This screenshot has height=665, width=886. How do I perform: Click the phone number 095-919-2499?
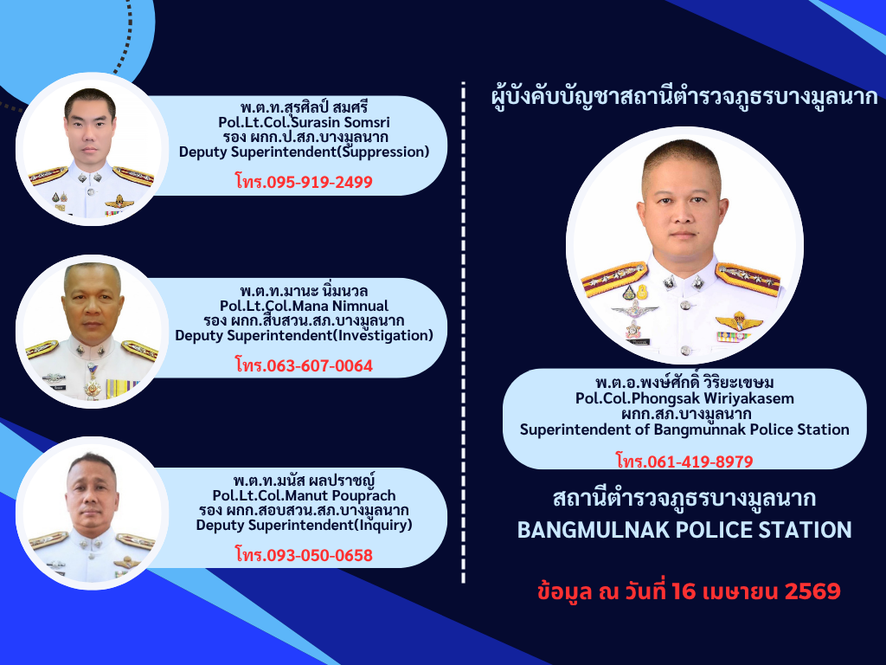(x=319, y=182)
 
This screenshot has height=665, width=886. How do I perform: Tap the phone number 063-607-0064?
(x=319, y=366)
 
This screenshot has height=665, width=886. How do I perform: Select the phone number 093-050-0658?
(x=319, y=555)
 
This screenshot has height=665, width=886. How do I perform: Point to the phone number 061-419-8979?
(x=700, y=462)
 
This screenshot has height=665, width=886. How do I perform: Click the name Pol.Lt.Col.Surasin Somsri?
(x=304, y=122)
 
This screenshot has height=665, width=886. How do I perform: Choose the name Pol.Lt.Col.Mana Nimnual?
(x=304, y=306)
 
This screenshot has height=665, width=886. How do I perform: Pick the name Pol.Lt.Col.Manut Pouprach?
(x=304, y=495)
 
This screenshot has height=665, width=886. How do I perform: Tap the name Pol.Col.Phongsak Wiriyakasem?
(x=685, y=398)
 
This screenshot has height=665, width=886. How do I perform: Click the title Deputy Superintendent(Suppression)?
(x=304, y=152)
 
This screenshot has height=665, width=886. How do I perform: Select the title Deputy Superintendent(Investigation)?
(x=304, y=336)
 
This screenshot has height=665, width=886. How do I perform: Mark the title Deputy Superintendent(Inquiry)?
(x=304, y=526)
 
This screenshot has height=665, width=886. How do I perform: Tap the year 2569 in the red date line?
(x=812, y=591)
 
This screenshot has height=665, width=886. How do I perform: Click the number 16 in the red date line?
(x=684, y=591)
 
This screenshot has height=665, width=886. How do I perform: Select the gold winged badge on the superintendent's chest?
(x=739, y=322)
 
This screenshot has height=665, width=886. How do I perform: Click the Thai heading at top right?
(x=685, y=97)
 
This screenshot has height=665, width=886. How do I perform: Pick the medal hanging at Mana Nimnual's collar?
(x=92, y=385)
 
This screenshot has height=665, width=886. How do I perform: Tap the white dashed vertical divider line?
(x=464, y=332)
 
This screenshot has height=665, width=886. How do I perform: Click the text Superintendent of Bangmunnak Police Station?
(x=685, y=429)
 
